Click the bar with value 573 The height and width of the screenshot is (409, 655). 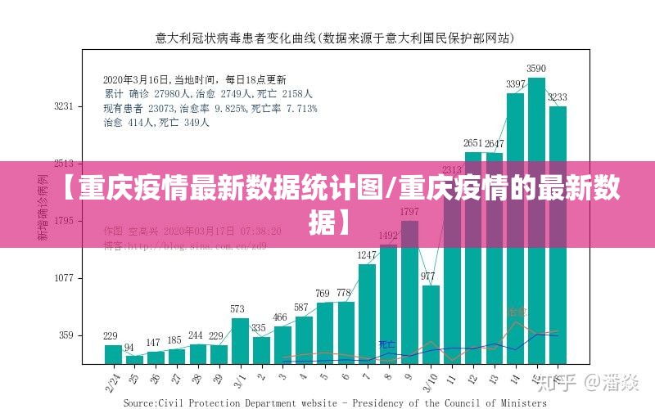pos(238,340)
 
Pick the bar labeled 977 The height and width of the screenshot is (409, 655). pos(431,324)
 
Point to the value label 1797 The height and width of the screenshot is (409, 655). pos(409,212)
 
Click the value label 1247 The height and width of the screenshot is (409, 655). pos(367,255)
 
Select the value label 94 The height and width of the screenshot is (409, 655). pos(129,347)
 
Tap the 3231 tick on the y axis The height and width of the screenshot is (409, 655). pos(64,106)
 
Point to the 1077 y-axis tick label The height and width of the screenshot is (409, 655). pos(64,278)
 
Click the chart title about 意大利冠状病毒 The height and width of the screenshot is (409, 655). pos(335,38)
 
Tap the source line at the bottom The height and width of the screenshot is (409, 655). pos(335,402)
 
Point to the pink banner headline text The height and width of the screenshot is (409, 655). pos(327,200)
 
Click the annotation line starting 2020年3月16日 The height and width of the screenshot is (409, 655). pos(194,80)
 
